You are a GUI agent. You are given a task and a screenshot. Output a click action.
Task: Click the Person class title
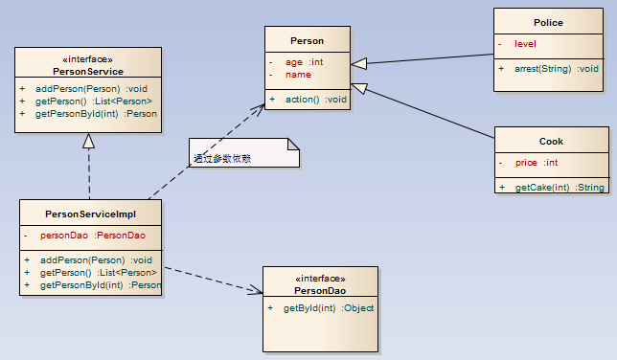pos(307,41)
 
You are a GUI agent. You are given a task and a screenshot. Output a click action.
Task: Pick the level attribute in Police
pos(525,44)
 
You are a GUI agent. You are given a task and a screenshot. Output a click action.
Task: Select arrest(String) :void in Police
pos(556,69)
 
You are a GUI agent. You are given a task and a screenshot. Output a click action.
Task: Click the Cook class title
pos(551,141)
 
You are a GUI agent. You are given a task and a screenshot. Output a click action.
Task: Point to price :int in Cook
pos(537,163)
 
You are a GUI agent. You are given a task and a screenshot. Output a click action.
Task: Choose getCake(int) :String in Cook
pos(560,188)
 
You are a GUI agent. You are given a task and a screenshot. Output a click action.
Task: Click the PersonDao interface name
pos(320,289)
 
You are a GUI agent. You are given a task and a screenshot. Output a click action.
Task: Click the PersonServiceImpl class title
pos(91,214)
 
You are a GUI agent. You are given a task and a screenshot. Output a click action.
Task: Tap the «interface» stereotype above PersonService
pos(87,59)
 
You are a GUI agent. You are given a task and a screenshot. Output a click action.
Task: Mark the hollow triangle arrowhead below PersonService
pos(88,141)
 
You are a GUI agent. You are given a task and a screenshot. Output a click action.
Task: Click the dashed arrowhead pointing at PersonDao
pos(257,290)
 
